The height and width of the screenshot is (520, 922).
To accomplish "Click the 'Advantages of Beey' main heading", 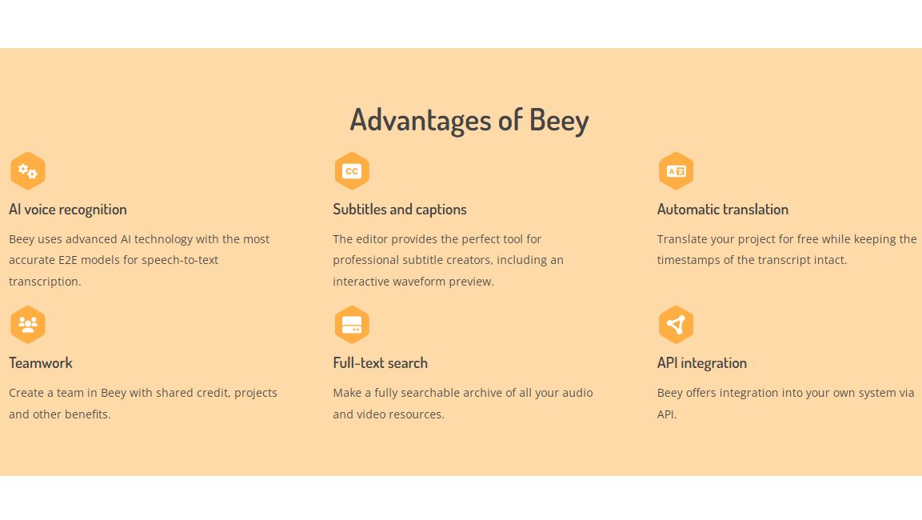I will click(469, 120).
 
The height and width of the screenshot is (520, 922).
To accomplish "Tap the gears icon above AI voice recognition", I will click(28, 171).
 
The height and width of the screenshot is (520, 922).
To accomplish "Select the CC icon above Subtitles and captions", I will click(352, 171).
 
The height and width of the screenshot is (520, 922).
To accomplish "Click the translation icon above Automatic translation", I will click(676, 171).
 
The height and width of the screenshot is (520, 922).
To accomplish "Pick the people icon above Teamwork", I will click(28, 325).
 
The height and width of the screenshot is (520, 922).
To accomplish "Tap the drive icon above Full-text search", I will click(352, 325).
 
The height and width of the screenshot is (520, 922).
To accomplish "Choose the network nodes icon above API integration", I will click(676, 325).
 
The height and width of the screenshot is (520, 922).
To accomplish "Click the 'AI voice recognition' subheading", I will click(68, 210).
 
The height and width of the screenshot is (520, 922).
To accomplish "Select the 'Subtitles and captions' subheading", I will click(400, 210).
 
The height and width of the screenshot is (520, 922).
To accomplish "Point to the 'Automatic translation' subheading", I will click(723, 210).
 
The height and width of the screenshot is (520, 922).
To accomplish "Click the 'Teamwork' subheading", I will click(41, 363).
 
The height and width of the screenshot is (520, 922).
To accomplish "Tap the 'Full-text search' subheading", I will click(381, 363).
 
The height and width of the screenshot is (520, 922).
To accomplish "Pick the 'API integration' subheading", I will click(702, 363).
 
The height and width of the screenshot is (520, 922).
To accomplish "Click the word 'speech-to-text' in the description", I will click(180, 260).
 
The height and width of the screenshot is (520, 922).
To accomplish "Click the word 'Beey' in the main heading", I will click(559, 120).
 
